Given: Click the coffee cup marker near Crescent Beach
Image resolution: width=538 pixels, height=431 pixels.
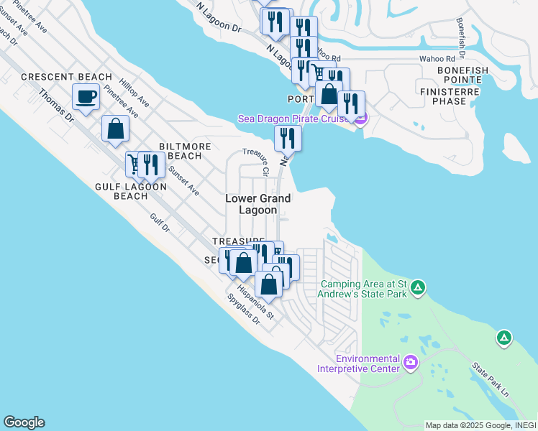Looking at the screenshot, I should tap(86, 96).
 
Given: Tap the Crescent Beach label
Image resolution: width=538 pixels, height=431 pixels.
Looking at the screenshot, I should tap(67, 77).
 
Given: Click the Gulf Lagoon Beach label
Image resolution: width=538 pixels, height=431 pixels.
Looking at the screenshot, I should tap(131, 191).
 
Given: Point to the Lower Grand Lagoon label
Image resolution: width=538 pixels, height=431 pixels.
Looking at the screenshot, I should tap(257, 204).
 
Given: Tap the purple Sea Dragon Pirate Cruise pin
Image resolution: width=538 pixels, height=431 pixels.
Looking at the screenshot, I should tap(360, 118).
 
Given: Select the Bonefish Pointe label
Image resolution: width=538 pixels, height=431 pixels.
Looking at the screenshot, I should tap(462, 70).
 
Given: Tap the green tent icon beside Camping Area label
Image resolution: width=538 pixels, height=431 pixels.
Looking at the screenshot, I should tap(418, 288).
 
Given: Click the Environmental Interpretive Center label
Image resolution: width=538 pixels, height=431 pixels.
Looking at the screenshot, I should tap(368, 363).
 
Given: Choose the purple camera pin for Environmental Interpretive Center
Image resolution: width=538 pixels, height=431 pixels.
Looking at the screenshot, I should tap(411, 361).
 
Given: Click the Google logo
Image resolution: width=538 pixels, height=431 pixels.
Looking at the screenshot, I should tap(24, 422).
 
